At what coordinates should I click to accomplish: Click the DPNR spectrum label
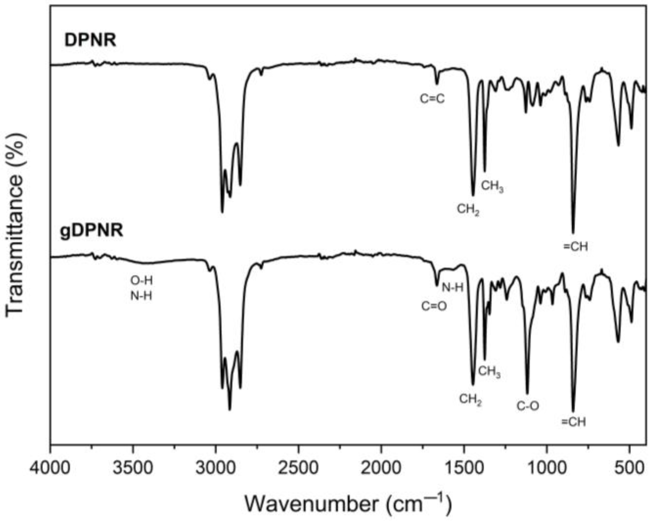(90, 41)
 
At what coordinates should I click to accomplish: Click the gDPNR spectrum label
(92, 230)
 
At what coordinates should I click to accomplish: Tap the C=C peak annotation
(432, 98)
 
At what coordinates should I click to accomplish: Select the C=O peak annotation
(434, 306)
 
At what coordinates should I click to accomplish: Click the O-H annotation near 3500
(141, 280)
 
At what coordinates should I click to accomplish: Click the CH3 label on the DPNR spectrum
(492, 186)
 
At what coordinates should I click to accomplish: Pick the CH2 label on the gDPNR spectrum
(470, 399)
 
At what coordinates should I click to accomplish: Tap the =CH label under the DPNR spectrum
(575, 247)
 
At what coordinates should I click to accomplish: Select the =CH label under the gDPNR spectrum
(574, 422)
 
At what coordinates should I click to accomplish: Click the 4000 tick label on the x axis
(51, 468)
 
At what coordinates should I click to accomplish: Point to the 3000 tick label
(216, 468)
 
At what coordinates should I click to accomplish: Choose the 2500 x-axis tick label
(298, 468)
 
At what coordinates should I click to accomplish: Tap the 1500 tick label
(464, 468)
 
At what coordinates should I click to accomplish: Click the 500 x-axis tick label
(630, 468)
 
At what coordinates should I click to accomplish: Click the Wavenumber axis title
(348, 503)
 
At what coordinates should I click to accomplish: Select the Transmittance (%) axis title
(15, 225)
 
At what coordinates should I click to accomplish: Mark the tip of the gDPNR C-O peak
(528, 393)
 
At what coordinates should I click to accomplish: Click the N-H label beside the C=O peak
(452, 287)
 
